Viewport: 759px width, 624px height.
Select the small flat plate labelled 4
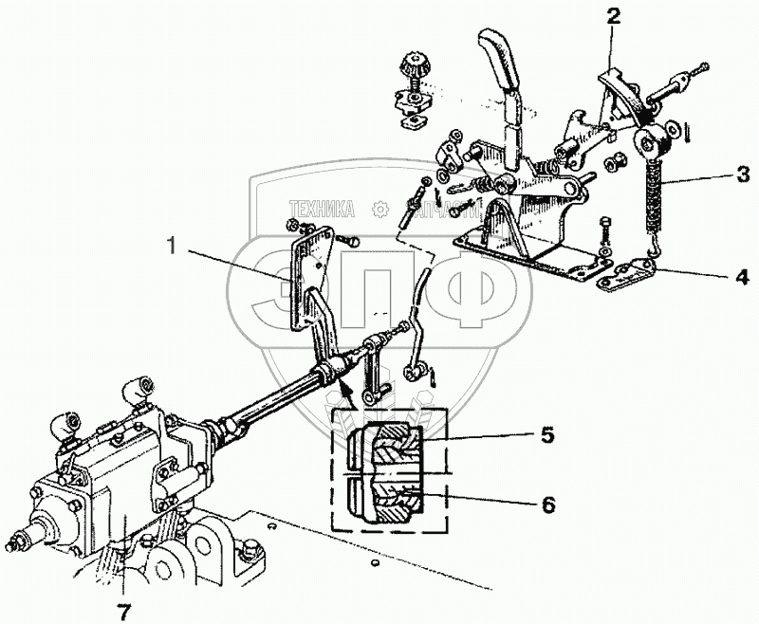click(626, 276)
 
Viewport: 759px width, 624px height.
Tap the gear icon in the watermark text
click(379, 210)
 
